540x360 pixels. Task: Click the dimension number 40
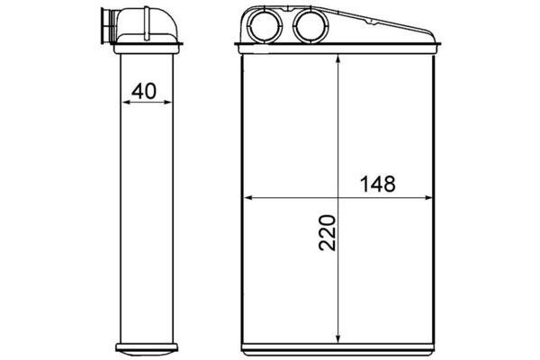tap(144, 91)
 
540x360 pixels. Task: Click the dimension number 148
tap(377, 184)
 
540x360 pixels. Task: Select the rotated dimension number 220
tap(327, 233)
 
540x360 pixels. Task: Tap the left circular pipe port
tap(265, 26)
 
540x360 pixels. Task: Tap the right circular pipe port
tap(310, 26)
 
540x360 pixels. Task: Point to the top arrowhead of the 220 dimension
tap(337, 59)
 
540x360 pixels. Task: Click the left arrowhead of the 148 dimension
tap(248, 198)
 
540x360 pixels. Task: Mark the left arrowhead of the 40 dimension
tap(126, 102)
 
